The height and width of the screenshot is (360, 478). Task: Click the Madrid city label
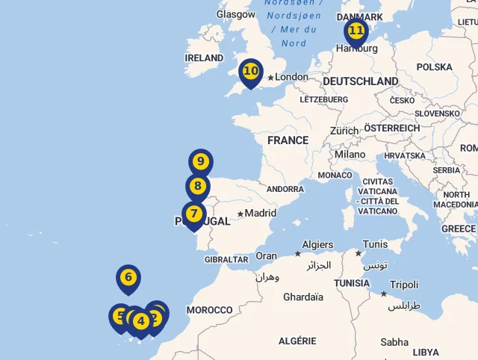tap(260, 213)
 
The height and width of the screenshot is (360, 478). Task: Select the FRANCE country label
tap(288, 140)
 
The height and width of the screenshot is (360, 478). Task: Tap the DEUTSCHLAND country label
tap(361, 81)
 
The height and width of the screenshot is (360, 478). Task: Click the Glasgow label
tap(236, 14)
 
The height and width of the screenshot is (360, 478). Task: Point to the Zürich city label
tap(344, 131)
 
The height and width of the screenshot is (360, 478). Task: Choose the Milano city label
tap(350, 155)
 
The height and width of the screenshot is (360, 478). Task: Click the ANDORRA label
tap(285, 190)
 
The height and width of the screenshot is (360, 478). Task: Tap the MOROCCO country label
tap(210, 310)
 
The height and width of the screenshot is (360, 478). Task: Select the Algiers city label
tap(317, 245)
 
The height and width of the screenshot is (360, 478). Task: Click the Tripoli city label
tap(404, 285)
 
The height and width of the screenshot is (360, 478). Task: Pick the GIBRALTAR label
tap(226, 260)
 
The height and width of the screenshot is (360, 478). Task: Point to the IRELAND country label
tap(204, 58)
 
